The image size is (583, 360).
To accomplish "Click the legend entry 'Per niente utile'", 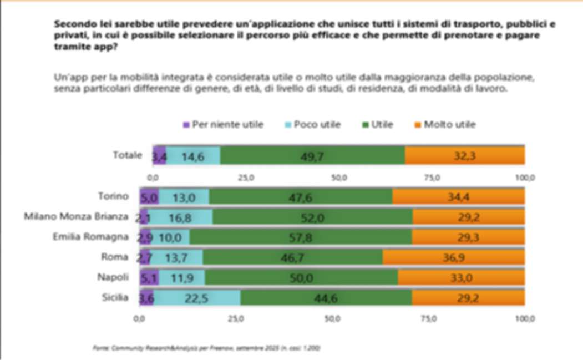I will [x=222, y=125].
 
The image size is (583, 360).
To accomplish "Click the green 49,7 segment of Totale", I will [x=312, y=156].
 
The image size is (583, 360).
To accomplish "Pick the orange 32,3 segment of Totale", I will [x=465, y=156].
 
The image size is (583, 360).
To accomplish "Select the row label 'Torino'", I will [x=113, y=196].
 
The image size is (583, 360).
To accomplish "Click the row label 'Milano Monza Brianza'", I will [x=76, y=216].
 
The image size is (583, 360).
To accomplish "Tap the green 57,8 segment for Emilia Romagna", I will [x=300, y=237].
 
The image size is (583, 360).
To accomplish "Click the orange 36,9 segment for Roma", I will [x=454, y=257].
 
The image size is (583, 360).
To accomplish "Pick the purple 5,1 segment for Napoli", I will [x=149, y=277].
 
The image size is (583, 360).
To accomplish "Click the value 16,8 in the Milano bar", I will [x=181, y=217].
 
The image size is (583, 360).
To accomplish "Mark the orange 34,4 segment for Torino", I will [x=458, y=196].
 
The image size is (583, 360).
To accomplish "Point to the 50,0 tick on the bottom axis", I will [x=332, y=320].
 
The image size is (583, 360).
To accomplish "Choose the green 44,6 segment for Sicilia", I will [x=326, y=298].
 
